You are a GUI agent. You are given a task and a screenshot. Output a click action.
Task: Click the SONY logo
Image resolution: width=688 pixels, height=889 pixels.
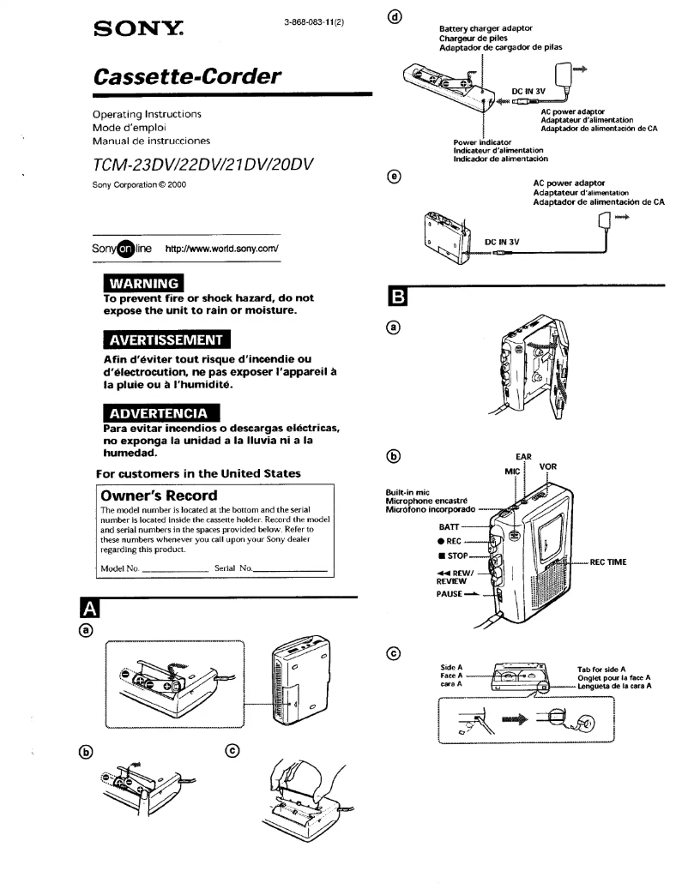(x=144, y=31)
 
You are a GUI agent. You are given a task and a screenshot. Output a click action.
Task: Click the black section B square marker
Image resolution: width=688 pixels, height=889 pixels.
(x=400, y=297)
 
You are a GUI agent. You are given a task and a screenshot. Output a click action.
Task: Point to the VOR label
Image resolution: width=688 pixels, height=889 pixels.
(x=547, y=466)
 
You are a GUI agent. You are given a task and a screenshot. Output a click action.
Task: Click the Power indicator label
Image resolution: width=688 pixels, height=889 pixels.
(x=482, y=142)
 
